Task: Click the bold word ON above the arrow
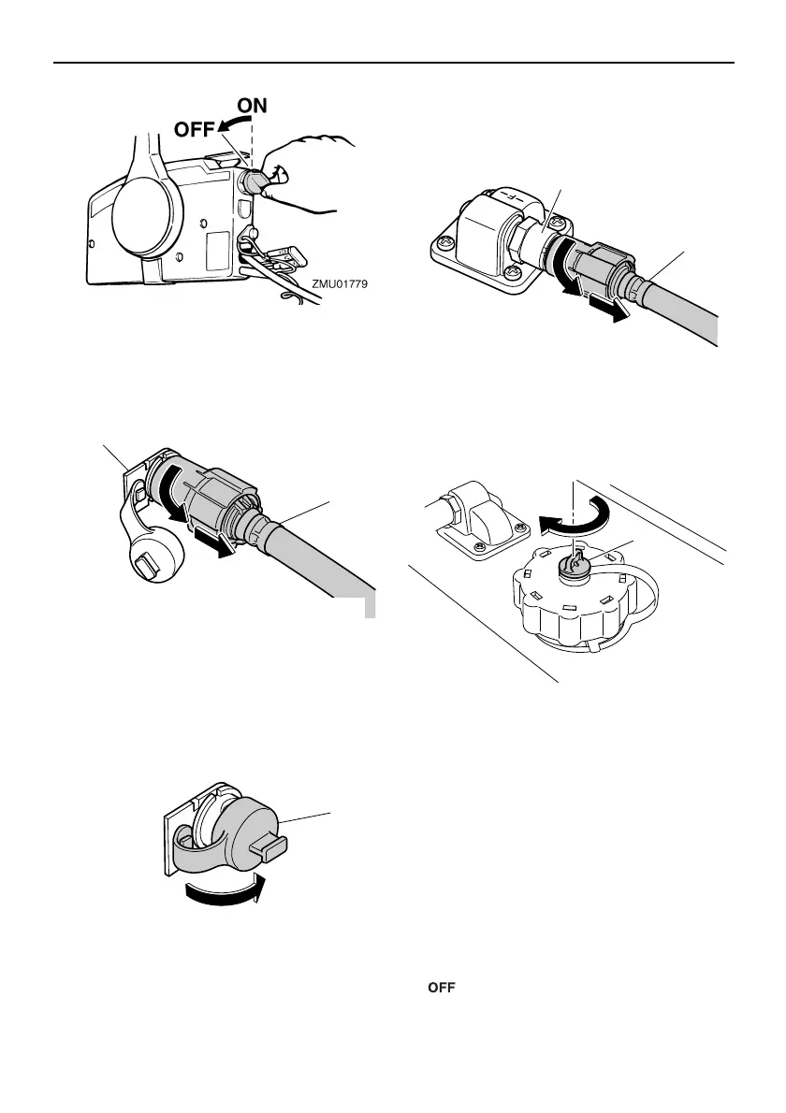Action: (253, 107)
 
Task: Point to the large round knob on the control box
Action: (144, 216)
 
